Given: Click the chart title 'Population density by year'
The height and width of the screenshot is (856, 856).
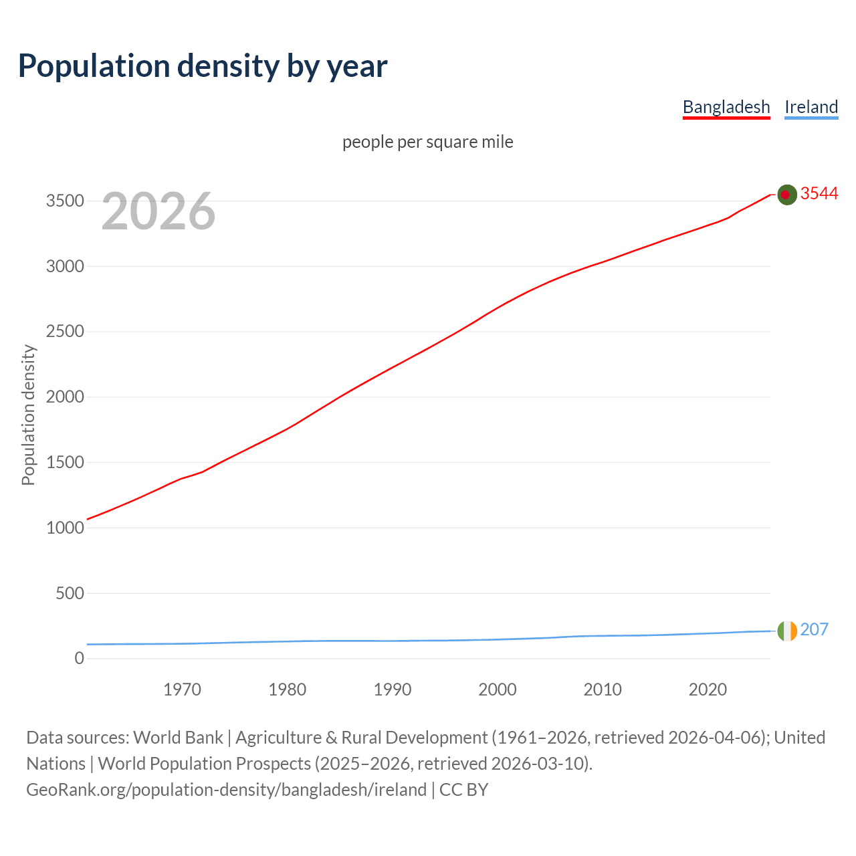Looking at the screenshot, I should (203, 66).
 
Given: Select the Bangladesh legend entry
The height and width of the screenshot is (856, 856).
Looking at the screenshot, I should (726, 107).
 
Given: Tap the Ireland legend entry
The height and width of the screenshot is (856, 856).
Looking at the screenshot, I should (811, 107).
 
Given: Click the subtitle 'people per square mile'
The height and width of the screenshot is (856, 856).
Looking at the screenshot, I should (428, 142).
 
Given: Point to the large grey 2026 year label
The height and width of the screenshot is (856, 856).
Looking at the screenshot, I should (158, 211).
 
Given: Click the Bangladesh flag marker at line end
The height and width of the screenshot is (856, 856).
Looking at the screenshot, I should (787, 195).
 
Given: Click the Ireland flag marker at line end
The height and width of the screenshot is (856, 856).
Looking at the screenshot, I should (787, 631).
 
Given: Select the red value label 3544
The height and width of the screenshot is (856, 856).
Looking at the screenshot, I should (819, 193).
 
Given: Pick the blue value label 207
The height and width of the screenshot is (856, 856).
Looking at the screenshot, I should (814, 629).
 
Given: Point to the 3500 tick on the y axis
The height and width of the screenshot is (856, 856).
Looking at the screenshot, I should (65, 201).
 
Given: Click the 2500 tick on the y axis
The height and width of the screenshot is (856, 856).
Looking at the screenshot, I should (65, 332).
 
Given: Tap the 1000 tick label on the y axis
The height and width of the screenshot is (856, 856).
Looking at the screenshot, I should (65, 528).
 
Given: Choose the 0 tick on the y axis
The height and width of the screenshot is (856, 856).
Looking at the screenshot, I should (80, 658).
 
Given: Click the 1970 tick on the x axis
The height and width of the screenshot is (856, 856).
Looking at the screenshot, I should (182, 689).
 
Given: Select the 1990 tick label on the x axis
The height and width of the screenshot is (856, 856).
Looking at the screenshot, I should (393, 689).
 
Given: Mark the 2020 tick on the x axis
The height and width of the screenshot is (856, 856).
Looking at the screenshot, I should (708, 689).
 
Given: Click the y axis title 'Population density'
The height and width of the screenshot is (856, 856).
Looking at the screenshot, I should (28, 415).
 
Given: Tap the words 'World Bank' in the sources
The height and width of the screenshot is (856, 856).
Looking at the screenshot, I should (178, 738).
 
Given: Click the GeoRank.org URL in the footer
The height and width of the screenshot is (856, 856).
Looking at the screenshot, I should (226, 790).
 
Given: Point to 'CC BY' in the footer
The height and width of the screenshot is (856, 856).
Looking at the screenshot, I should (463, 790).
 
